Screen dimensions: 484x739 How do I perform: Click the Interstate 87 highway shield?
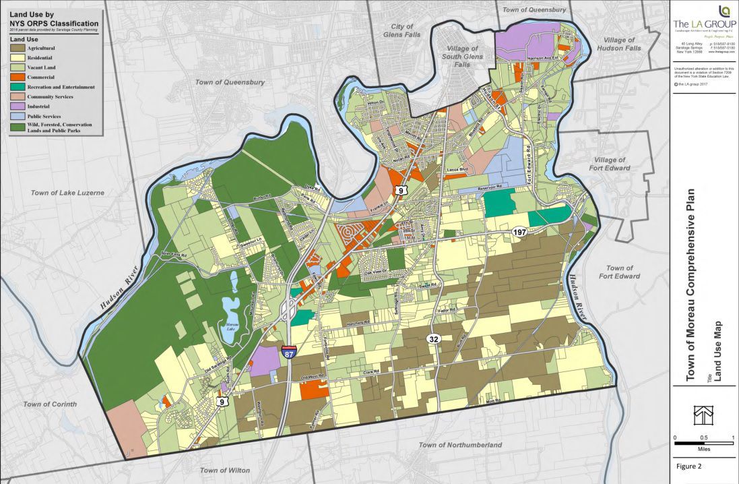pyautogui.click(x=288, y=351)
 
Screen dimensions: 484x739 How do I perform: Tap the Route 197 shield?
pyautogui.click(x=519, y=233)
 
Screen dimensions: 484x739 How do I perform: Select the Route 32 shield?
pyautogui.click(x=434, y=339)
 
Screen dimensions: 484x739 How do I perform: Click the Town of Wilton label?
pyautogui.click(x=225, y=470)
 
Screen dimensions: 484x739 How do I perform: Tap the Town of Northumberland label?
pyautogui.click(x=460, y=446)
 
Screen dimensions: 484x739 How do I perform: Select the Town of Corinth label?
pyautogui.click(x=50, y=404)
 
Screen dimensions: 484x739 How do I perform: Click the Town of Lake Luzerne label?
pyautogui.click(x=67, y=193)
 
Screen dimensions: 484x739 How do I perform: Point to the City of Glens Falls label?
pyautogui.click(x=402, y=30)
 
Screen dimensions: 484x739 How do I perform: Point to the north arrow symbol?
pyautogui.click(x=703, y=413)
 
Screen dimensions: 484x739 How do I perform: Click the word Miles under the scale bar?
pyautogui.click(x=703, y=447)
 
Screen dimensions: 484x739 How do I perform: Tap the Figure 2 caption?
pyautogui.click(x=690, y=466)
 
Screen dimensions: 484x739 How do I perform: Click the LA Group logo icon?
pyautogui.click(x=724, y=11)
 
